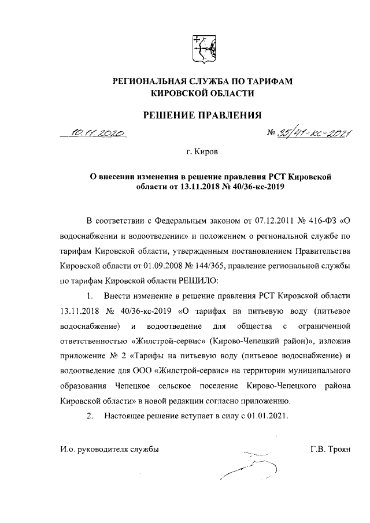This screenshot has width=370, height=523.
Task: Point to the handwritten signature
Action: coord(249,465)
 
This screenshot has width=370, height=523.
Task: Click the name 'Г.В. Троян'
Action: coord(330,448)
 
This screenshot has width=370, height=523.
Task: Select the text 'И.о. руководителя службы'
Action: coord(109,448)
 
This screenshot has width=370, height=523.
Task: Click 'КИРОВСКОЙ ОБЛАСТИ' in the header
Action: coord(202,93)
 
